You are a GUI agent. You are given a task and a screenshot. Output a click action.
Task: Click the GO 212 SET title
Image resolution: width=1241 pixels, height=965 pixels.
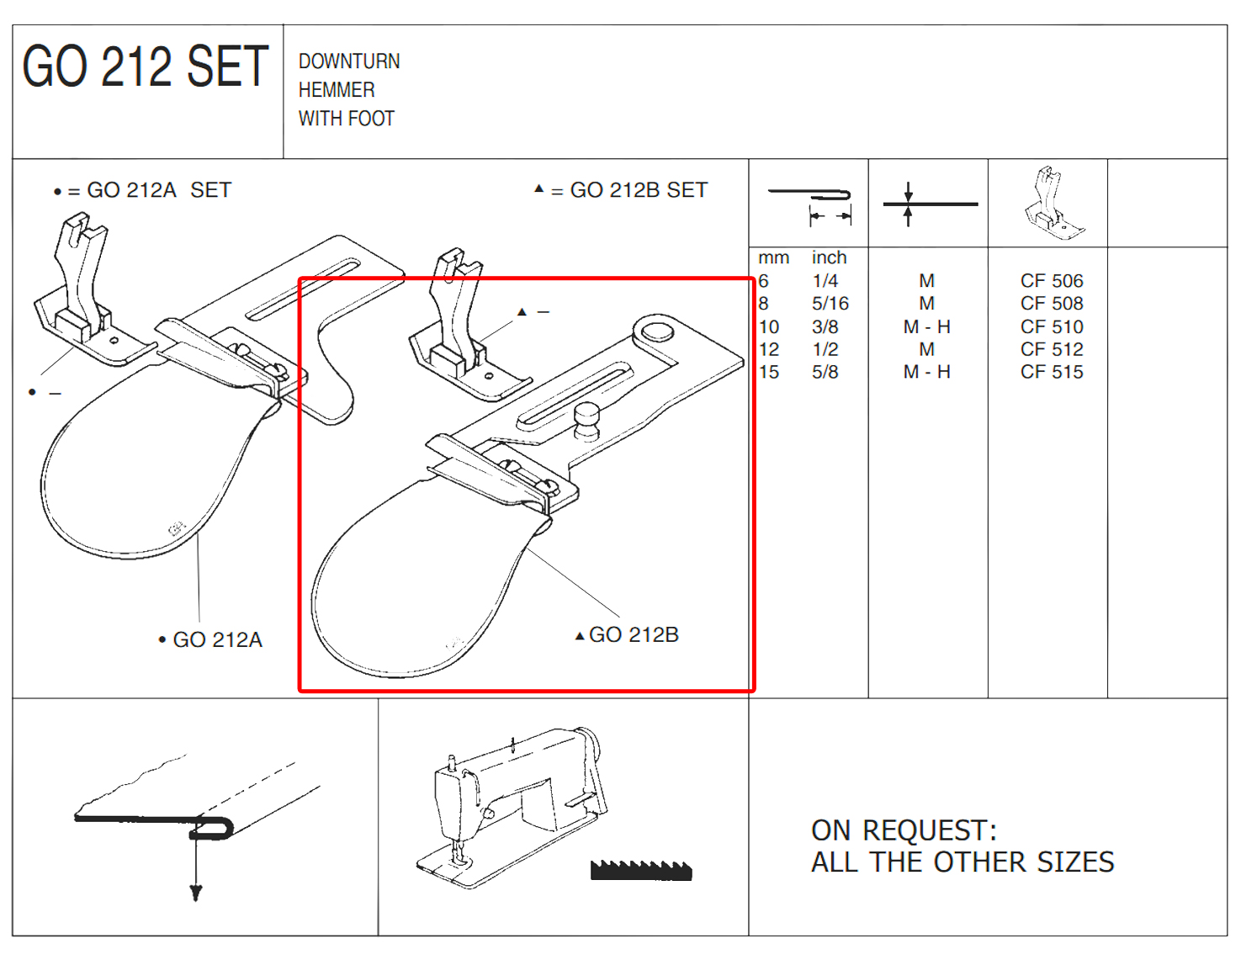pos(145,66)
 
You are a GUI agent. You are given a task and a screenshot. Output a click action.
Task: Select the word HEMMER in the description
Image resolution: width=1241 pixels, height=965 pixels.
pos(337,90)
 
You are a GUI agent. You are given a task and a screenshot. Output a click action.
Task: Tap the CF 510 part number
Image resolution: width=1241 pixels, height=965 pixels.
pos(1052,326)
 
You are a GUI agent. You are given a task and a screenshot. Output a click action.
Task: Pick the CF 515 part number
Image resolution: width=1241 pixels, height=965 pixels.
pos(1052,372)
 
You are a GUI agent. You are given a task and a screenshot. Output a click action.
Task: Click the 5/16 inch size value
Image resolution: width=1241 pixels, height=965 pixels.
pos(830,303)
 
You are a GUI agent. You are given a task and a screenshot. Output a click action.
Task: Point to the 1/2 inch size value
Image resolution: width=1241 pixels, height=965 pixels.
pos(825,349)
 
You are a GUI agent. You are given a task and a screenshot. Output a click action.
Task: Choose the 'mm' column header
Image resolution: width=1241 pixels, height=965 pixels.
pos(774,258)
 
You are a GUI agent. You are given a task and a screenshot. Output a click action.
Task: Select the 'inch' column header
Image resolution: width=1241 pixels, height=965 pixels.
pos(830,257)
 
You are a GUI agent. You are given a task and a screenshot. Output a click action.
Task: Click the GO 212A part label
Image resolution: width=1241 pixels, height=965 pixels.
pos(218,639)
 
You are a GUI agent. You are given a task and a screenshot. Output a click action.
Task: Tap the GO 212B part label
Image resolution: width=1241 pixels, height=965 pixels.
pos(634,634)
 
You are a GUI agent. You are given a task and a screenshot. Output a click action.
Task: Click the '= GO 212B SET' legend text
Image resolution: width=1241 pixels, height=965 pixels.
pos(629,190)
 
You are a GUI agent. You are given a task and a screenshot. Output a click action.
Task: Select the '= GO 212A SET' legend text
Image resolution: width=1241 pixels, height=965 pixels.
pos(149,190)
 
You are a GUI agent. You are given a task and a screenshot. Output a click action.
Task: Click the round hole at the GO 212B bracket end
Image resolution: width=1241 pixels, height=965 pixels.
pos(657,331)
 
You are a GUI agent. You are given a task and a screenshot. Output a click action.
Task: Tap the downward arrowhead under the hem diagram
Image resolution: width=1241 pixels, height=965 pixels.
pos(196,893)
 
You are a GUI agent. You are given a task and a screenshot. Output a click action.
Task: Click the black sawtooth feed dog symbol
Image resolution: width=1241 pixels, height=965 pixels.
pos(641,870)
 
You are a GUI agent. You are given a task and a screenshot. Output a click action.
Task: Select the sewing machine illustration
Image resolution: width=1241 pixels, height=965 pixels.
pos(512,807)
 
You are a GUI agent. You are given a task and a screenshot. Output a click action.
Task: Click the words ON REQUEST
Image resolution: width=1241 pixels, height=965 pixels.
pos(904,830)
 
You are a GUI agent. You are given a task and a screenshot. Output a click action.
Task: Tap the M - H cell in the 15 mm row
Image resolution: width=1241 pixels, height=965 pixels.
pos(927,372)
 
